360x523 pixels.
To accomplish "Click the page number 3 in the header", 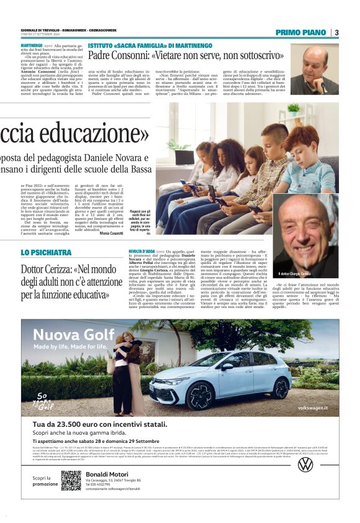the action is (x=336, y=32).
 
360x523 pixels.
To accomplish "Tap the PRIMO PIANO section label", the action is (x=300, y=32).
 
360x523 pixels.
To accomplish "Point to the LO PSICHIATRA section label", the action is (x=46, y=253).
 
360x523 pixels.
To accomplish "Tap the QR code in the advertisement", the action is (x=71, y=481).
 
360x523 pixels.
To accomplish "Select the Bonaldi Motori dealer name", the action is (x=107, y=475).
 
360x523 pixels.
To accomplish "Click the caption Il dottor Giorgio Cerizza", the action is (x=295, y=274).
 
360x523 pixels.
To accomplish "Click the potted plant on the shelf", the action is (x=293, y=109).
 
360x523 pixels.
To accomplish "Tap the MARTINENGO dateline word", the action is (x=35, y=46).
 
